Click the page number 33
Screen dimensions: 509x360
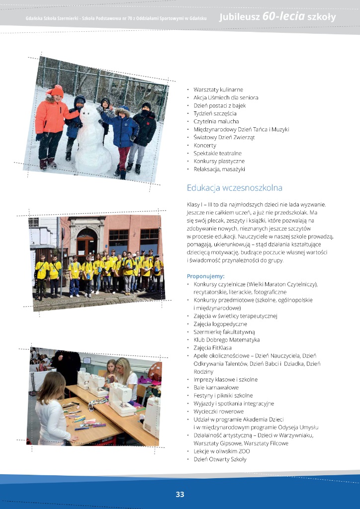(180, 494)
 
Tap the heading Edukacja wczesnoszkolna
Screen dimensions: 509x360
(235, 188)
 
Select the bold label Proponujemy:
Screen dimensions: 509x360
(205, 276)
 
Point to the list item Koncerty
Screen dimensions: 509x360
(205, 145)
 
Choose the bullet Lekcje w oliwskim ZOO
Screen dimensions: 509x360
(222, 451)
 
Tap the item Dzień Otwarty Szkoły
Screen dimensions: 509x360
(220, 459)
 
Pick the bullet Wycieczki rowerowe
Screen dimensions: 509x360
(219, 411)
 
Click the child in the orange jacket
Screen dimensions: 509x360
(52, 124)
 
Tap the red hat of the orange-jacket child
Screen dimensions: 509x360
(56, 90)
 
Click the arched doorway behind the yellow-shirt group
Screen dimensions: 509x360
(87, 244)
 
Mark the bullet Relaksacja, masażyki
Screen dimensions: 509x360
(219, 169)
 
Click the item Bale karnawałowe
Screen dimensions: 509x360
(216, 387)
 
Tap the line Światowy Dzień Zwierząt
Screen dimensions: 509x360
(224, 137)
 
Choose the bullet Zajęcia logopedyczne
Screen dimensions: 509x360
(220, 324)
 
